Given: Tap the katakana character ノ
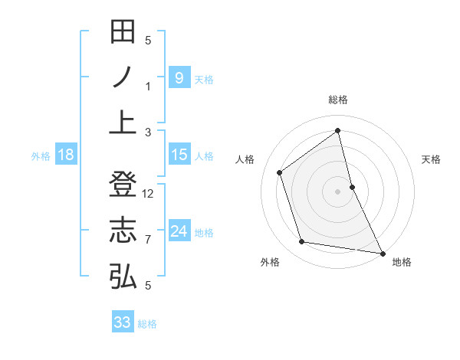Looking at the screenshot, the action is pyautogui.click(x=123, y=77).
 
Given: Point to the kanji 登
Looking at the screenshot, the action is pyautogui.click(x=123, y=186).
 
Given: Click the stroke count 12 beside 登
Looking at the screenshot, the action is pyautogui.click(x=149, y=194).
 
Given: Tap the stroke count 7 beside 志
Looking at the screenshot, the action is pyautogui.click(x=149, y=240).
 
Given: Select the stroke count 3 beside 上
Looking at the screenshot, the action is pyautogui.click(x=149, y=132).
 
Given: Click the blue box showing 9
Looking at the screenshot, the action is pyautogui.click(x=179, y=77).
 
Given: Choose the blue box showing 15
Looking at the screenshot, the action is pyautogui.click(x=179, y=155).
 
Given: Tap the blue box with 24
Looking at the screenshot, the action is pyautogui.click(x=179, y=231).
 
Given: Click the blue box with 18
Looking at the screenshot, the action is pyautogui.click(x=66, y=155).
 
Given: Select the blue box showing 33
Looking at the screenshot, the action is pyautogui.click(x=123, y=322).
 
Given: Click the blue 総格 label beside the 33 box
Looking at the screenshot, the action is pyautogui.click(x=147, y=324).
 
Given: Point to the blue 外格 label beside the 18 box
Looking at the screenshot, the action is pyautogui.click(x=41, y=156).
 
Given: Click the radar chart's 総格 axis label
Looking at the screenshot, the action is pyautogui.click(x=338, y=100).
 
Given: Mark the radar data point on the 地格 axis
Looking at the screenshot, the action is pyautogui.click(x=382, y=252).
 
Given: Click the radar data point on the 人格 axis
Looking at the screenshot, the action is pyautogui.click(x=280, y=172).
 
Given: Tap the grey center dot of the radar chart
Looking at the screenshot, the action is pyautogui.click(x=338, y=191).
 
